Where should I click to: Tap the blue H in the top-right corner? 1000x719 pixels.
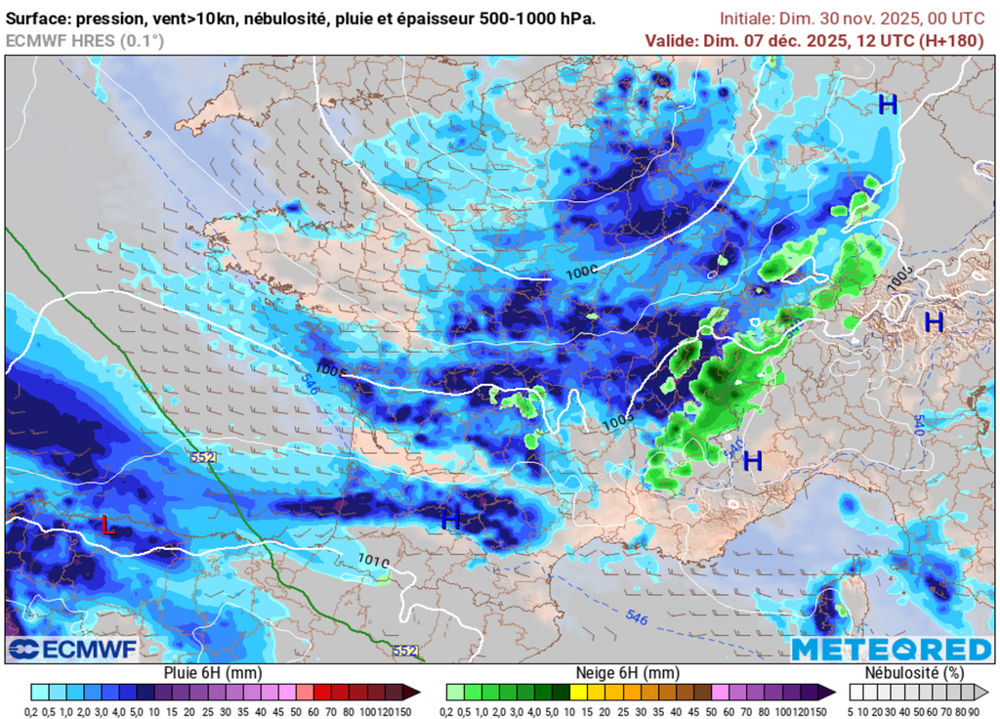(x=887, y=106)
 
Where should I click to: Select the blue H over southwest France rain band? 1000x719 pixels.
(x=450, y=519)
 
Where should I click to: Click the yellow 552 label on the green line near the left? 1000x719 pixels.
(x=203, y=457)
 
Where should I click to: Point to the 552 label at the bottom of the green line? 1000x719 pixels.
(x=405, y=651)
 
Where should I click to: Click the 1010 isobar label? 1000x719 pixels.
(x=373, y=561)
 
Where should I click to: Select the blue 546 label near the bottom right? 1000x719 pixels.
(x=636, y=617)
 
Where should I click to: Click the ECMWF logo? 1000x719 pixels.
(x=73, y=649)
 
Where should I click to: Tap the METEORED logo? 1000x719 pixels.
(x=891, y=650)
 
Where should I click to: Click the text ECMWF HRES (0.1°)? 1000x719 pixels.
(x=85, y=40)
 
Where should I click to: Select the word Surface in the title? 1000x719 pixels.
(x=38, y=19)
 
